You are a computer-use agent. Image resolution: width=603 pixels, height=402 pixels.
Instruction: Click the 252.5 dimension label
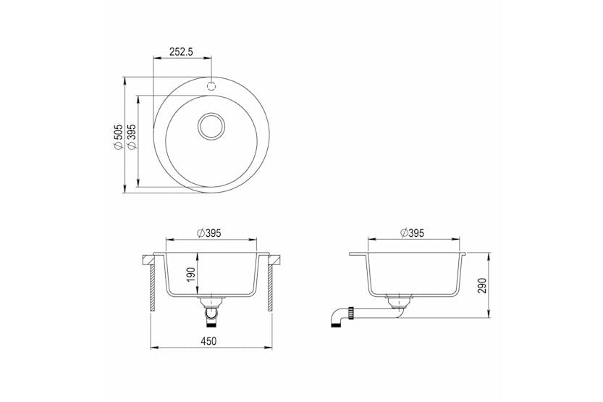point(182,51)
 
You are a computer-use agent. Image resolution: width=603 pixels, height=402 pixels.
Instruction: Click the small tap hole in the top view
point(211,85)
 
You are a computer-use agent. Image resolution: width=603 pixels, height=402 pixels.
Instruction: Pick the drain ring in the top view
point(211,126)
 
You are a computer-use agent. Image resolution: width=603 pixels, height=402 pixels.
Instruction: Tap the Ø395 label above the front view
point(210,233)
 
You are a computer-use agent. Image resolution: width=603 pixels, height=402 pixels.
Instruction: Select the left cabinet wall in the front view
point(152,286)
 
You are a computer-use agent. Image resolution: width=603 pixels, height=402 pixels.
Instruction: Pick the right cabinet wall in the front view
point(271,286)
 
